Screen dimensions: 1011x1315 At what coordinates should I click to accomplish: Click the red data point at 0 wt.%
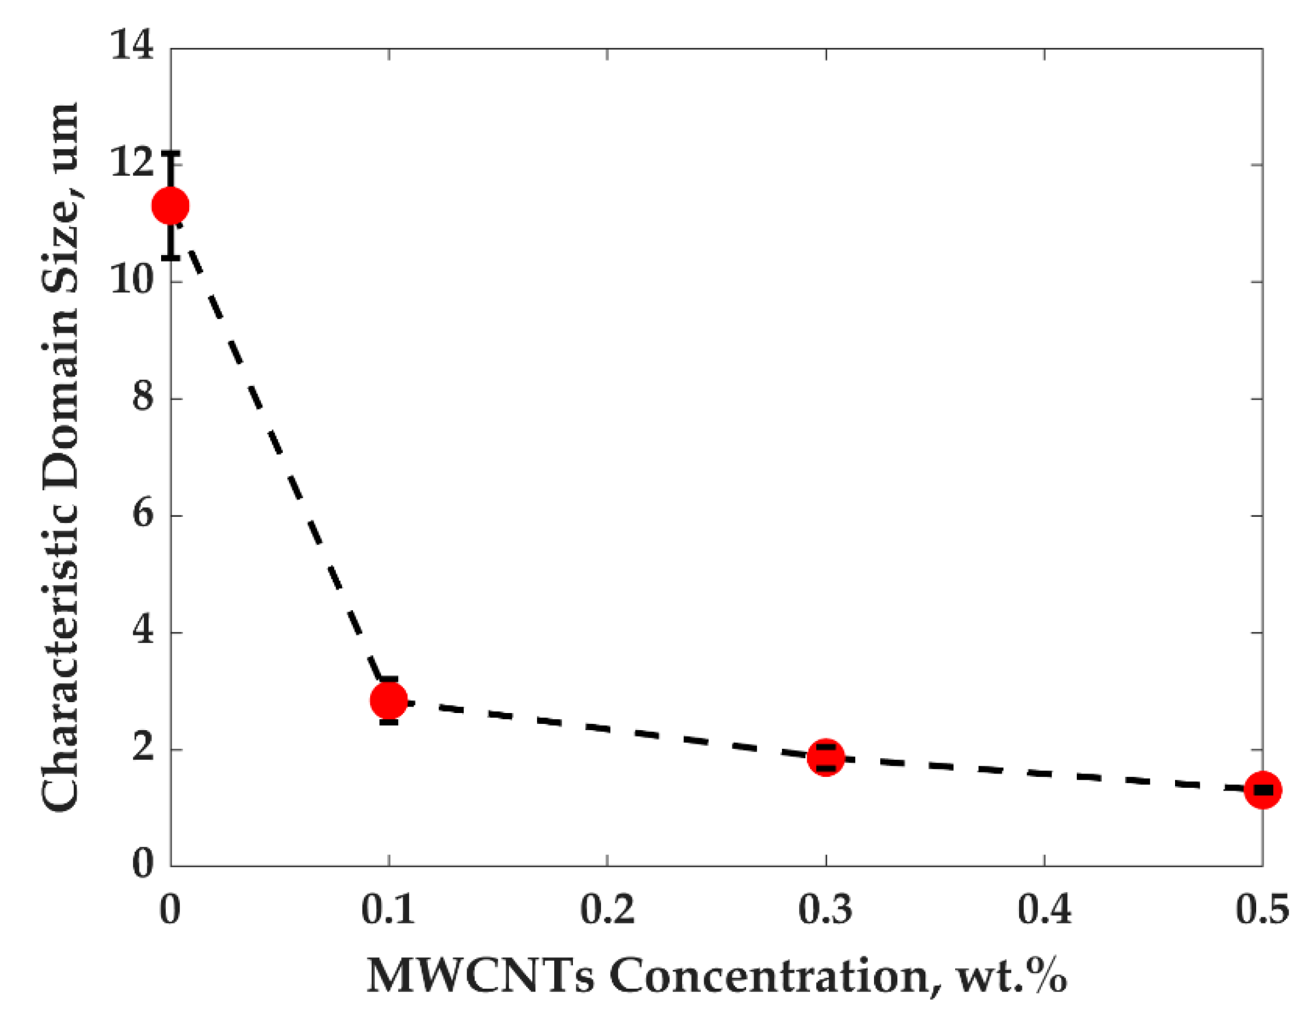click(x=170, y=206)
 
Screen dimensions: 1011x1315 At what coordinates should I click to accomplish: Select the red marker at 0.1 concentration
click(x=389, y=699)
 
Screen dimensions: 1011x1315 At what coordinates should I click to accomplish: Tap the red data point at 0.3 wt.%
click(x=825, y=758)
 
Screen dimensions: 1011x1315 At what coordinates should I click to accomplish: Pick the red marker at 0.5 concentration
click(x=1262, y=790)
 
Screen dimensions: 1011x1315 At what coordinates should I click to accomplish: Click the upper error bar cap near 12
click(x=171, y=153)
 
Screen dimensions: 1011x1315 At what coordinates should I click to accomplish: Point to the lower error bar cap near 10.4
click(x=171, y=257)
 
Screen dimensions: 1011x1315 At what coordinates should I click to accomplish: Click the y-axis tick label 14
click(x=131, y=47)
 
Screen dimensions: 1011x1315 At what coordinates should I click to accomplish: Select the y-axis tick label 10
click(x=131, y=281)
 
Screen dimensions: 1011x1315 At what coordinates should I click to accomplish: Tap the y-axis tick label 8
click(x=142, y=398)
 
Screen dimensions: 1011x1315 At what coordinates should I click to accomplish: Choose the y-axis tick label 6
click(x=142, y=515)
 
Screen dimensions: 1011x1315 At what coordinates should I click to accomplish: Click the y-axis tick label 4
click(x=142, y=633)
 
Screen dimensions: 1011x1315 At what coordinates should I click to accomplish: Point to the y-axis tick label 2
click(x=142, y=749)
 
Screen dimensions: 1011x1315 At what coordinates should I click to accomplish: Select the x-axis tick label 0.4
click(x=1044, y=909)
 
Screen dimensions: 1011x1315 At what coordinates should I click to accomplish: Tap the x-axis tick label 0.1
click(x=388, y=909)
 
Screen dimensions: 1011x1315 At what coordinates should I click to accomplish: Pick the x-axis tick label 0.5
click(x=1262, y=909)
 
